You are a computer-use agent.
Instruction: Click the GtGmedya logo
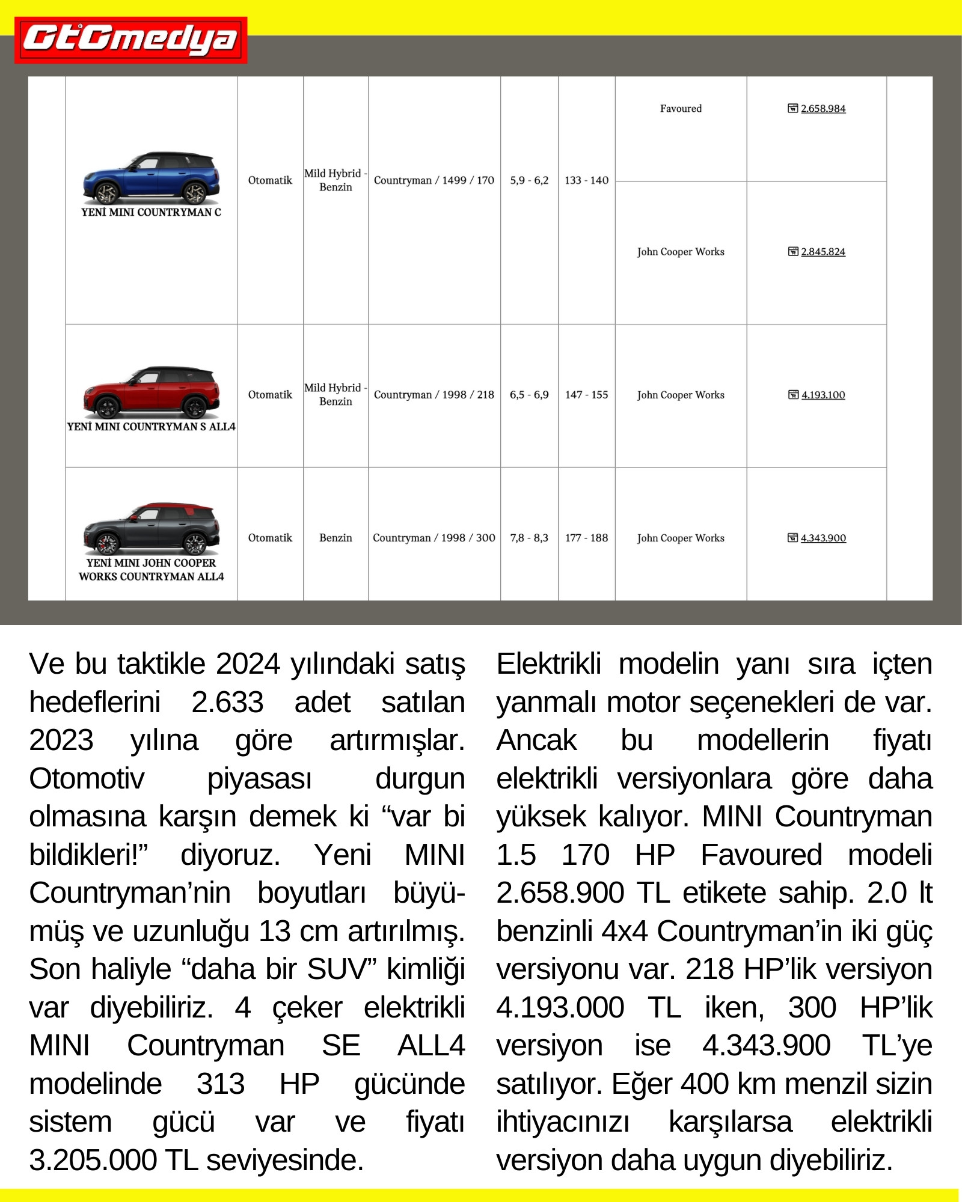click(x=130, y=40)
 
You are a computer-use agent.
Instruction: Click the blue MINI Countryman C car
click(x=151, y=178)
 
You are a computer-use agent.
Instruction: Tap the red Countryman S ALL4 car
click(x=151, y=392)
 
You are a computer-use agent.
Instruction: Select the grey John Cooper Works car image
click(x=151, y=529)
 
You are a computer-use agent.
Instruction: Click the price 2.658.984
click(x=823, y=109)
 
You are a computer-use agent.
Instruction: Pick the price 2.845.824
click(x=823, y=252)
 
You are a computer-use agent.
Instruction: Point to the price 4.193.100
click(x=823, y=395)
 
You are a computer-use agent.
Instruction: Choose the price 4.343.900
click(x=823, y=538)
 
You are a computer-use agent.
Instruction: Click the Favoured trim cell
click(x=681, y=109)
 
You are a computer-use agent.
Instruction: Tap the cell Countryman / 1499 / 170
click(x=434, y=180)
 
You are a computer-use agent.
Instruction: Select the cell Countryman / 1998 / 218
click(x=434, y=395)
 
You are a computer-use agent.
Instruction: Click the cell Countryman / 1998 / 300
click(x=434, y=538)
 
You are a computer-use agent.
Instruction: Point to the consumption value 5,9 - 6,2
click(x=529, y=180)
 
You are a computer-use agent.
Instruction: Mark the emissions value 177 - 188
click(x=586, y=538)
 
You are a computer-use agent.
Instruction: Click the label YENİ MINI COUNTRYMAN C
click(x=151, y=212)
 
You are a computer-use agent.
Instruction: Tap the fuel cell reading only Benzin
click(x=335, y=538)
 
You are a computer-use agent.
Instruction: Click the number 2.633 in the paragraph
click(x=227, y=702)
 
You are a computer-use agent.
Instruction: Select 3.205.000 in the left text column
click(x=93, y=1160)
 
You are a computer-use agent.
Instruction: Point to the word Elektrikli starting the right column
click(x=548, y=664)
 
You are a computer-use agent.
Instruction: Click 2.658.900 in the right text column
click(x=560, y=893)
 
